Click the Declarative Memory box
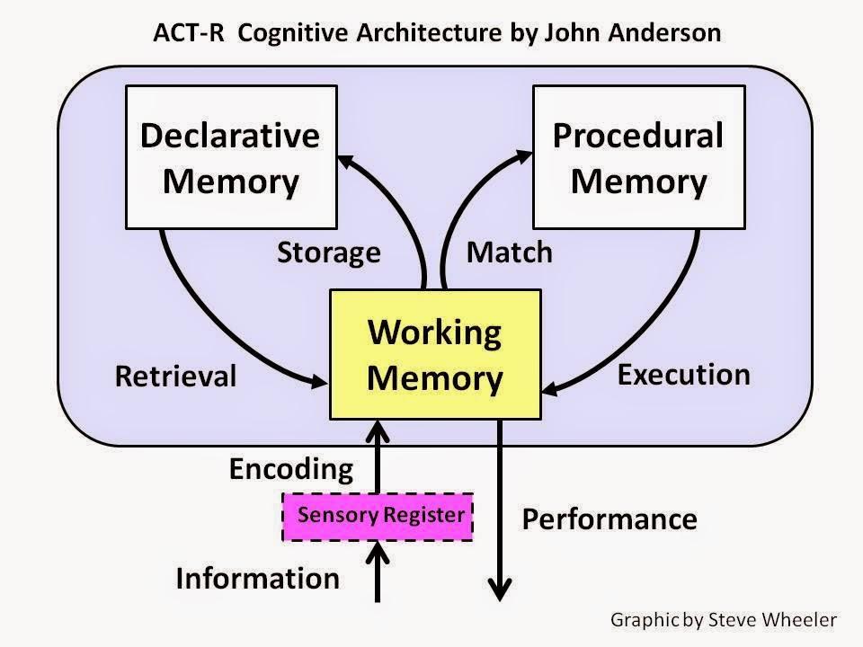click(x=231, y=157)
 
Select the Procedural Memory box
click(x=639, y=157)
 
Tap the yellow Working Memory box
click(x=435, y=354)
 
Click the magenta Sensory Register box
click(x=378, y=517)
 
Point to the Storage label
click(x=329, y=253)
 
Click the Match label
click(x=510, y=253)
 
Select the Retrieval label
click(x=175, y=377)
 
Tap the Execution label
click(x=683, y=375)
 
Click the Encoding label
click(x=291, y=470)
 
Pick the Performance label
click(x=609, y=519)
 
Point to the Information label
click(x=258, y=579)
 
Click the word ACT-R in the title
click(x=189, y=32)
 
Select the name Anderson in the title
click(x=664, y=32)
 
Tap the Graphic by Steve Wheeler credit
click(x=724, y=620)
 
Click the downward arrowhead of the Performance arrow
click(x=500, y=589)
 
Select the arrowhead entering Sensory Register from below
click(x=378, y=553)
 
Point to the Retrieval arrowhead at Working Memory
click(x=319, y=381)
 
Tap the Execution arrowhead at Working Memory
click(x=552, y=389)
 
